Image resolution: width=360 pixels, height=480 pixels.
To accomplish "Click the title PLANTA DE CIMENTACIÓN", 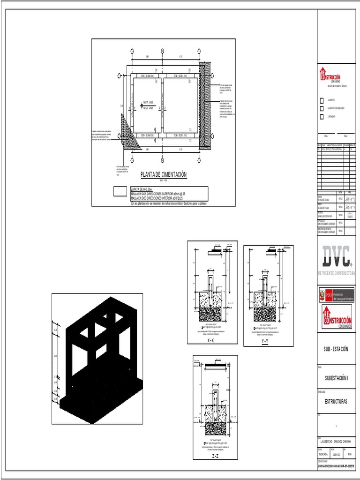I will point(164,175).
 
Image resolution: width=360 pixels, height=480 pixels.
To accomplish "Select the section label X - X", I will point(212,341).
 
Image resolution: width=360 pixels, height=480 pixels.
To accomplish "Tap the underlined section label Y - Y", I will point(265,342).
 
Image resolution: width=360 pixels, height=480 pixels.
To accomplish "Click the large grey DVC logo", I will point(336,257).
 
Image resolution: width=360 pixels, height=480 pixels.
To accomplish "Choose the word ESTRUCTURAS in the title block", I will point(336,402).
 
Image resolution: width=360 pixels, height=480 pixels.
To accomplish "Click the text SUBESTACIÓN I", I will point(336,377).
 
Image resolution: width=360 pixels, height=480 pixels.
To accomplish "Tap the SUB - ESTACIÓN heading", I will point(336,349).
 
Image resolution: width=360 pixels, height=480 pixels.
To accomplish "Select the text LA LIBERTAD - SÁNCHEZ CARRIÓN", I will point(336,442).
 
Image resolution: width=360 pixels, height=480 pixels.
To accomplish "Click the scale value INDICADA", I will point(323,454).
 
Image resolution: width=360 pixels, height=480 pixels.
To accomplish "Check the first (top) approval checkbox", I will point(321,100).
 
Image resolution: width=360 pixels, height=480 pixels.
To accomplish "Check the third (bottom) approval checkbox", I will point(321,116).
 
